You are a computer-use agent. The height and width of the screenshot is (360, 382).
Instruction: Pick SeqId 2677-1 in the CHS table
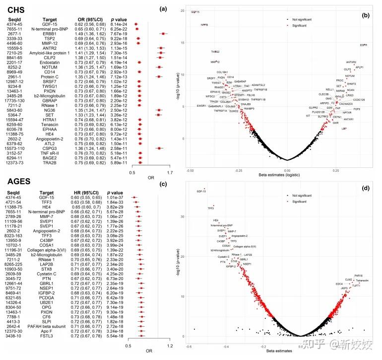[x=14, y=33]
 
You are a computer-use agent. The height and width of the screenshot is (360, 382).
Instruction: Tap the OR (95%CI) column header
[x=82, y=19]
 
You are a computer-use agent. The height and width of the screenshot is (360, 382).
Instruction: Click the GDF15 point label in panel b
[x=195, y=11]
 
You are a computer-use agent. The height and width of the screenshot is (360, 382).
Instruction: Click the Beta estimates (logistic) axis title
[x=287, y=176]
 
